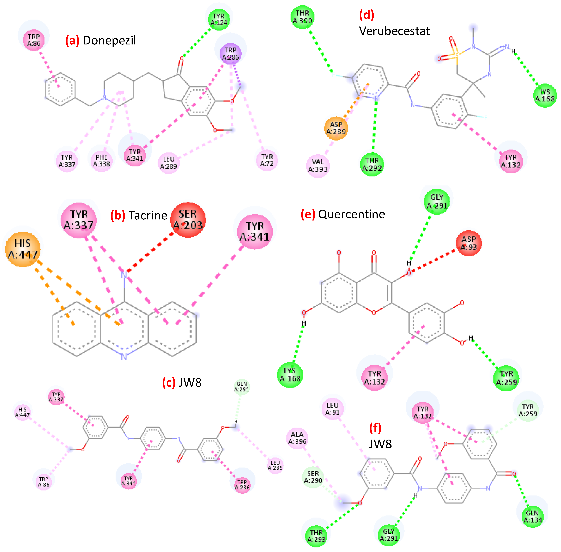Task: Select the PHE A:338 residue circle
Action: click(101, 161)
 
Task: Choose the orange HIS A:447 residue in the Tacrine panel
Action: click(23, 249)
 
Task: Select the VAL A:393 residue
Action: click(318, 166)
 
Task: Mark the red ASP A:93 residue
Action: click(468, 243)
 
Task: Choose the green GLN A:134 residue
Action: click(532, 516)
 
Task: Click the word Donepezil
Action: click(109, 41)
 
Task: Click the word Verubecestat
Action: click(394, 31)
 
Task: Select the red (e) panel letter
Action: click(308, 214)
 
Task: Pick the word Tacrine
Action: click(148, 215)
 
